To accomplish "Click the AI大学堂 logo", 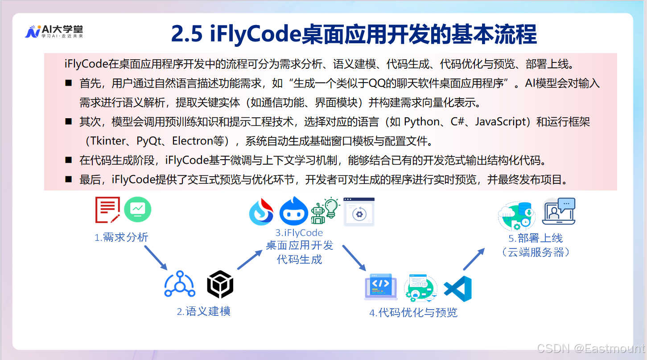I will (54, 32).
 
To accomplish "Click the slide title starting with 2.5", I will (354, 34).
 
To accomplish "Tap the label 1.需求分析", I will (121, 237).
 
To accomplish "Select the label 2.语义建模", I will (204, 311).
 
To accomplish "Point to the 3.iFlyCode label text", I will (299, 233).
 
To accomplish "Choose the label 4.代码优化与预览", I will (413, 312).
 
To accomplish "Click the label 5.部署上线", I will (536, 238).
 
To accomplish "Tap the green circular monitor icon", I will (138, 210).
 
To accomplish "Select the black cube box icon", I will (220, 285).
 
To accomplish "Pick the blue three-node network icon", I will (180, 284).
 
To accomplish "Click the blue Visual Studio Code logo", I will (458, 289).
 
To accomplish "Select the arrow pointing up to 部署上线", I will (474, 260).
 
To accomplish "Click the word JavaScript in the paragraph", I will (502, 121).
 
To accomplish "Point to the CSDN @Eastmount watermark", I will (591, 348).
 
